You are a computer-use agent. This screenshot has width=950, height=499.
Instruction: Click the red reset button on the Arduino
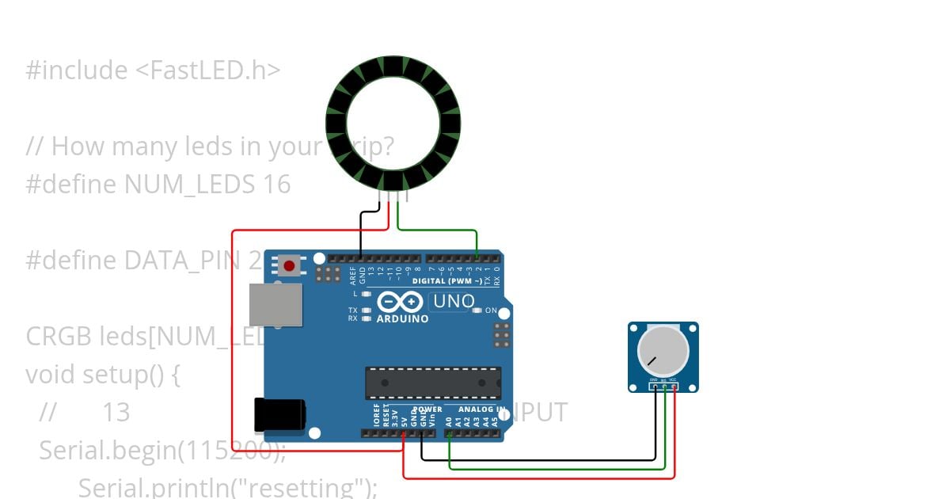(x=289, y=265)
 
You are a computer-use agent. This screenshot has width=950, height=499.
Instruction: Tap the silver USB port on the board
(x=275, y=305)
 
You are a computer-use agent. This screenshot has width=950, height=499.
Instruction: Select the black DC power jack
(x=279, y=415)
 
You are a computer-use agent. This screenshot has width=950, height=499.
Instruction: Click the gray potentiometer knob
(x=663, y=352)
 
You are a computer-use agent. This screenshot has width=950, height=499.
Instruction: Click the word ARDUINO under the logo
(x=402, y=319)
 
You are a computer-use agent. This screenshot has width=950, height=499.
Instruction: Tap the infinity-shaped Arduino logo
(x=400, y=302)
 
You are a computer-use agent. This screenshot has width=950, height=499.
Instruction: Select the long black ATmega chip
(x=432, y=383)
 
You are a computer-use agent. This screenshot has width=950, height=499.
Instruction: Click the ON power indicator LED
(x=477, y=310)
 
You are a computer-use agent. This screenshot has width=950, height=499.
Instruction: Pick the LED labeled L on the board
(x=367, y=294)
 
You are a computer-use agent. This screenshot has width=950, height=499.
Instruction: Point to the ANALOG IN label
(x=482, y=409)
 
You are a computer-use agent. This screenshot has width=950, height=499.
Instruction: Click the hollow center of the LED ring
(x=393, y=124)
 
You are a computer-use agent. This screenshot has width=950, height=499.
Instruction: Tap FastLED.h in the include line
(x=207, y=70)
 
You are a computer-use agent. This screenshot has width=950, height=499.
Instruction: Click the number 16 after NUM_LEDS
(x=277, y=185)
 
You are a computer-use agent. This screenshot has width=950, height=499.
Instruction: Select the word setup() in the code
(x=121, y=375)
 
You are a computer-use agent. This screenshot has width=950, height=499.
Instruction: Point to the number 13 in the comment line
(x=116, y=413)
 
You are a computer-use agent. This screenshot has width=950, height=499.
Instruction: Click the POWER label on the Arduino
(x=427, y=409)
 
